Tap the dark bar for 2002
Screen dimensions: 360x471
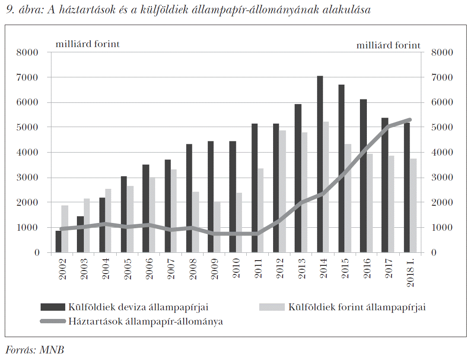pos(58,242)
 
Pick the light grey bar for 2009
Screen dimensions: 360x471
pos(217,227)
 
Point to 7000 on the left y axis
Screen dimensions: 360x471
pos(30,78)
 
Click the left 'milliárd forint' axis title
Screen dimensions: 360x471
pos(87,45)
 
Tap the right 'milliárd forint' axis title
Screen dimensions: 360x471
pos(388,45)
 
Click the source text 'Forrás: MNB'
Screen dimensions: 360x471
pos(35,350)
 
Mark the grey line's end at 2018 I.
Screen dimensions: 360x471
pos(410,120)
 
